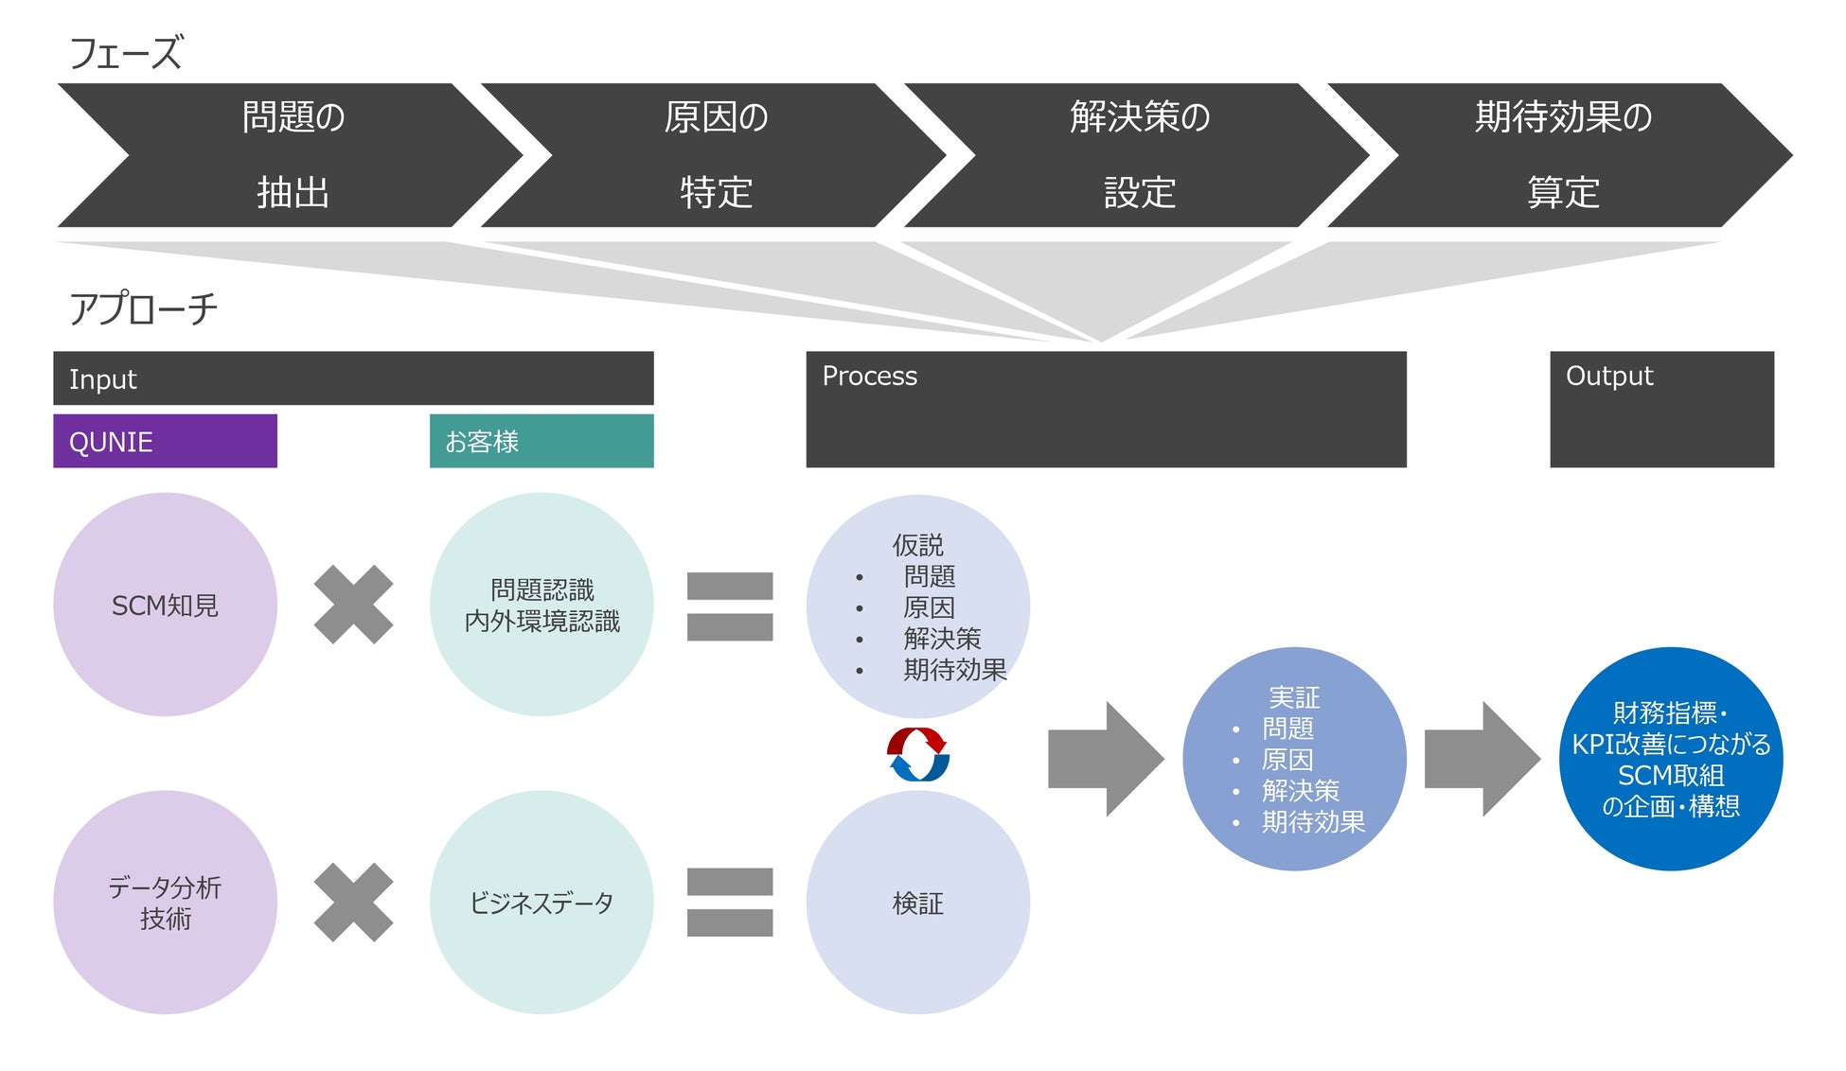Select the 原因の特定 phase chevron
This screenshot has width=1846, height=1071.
pyautogui.click(x=716, y=155)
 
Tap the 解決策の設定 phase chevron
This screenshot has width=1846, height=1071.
pyautogui.click(x=1139, y=155)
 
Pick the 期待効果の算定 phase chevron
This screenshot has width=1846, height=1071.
pyautogui.click(x=1562, y=155)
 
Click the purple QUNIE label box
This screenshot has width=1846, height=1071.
pyautogui.click(x=165, y=441)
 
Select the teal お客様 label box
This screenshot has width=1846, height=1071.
pyautogui.click(x=541, y=441)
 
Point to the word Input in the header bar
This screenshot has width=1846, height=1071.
pyautogui.click(x=102, y=379)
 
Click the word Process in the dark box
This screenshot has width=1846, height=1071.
pyautogui.click(x=869, y=376)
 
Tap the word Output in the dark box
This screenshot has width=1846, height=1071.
pyautogui.click(x=1608, y=376)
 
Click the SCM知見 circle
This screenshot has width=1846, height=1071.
pyautogui.click(x=165, y=605)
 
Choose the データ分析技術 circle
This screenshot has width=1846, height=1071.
pyautogui.click(x=165, y=902)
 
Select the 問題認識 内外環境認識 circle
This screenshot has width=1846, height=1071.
pyautogui.click(x=541, y=605)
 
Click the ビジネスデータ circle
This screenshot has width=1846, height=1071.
pyautogui.click(x=541, y=902)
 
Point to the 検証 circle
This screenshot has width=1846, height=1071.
pyautogui.click(x=917, y=902)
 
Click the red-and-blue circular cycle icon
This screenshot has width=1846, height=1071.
pyautogui.click(x=917, y=754)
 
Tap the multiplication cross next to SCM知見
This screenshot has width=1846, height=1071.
pyautogui.click(x=353, y=605)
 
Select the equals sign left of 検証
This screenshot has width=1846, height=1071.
pyautogui.click(x=729, y=902)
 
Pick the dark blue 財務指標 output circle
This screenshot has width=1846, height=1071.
pyautogui.click(x=1670, y=759)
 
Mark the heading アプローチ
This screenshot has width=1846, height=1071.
pyautogui.click(x=143, y=309)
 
